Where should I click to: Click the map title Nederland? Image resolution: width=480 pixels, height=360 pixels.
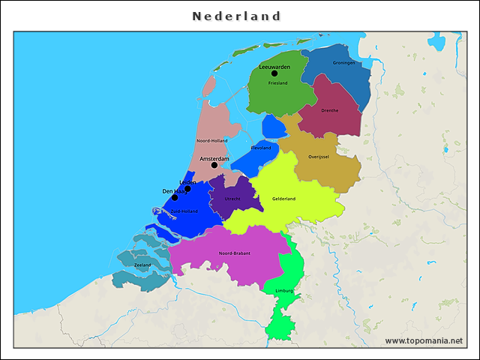[x=236, y=16]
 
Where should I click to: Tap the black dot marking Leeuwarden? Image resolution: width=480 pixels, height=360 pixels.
[x=274, y=73]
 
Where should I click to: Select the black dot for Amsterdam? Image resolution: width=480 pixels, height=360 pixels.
[x=214, y=165]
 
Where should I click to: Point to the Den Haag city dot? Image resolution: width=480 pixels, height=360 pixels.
[x=175, y=197]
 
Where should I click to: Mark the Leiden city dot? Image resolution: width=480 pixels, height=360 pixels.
[x=187, y=189]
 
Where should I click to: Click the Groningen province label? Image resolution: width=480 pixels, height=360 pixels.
[x=343, y=63]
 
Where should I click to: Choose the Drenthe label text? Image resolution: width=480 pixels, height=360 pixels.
[x=329, y=110]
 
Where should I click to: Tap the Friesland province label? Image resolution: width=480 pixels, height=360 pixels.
[x=277, y=82]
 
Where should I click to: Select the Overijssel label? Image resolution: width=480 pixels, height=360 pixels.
[x=319, y=157]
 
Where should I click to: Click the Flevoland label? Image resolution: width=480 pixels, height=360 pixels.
[x=260, y=148]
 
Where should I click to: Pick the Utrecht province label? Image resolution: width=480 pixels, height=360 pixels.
[x=231, y=199]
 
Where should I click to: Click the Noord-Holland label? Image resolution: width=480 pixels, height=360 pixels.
[x=212, y=140]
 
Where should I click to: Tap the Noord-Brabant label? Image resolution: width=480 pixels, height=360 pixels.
[x=235, y=253]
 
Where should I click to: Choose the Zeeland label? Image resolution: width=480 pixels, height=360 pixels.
[x=142, y=265]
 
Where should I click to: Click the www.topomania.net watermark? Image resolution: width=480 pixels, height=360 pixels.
[x=424, y=340]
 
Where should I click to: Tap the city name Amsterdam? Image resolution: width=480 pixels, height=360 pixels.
[x=214, y=159]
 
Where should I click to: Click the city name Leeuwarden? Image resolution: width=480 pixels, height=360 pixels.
[x=274, y=67]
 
